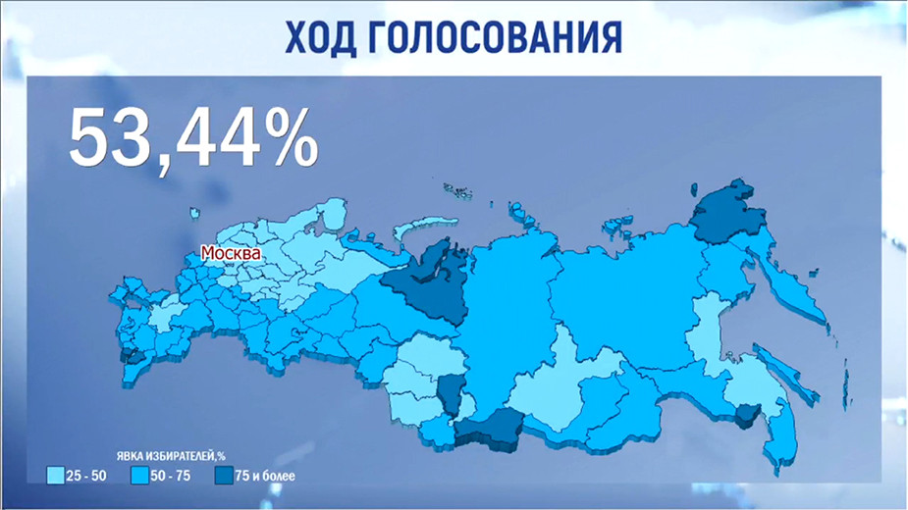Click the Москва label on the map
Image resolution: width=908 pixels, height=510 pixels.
click(x=231, y=253)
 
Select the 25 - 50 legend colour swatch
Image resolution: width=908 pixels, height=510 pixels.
click(x=56, y=476)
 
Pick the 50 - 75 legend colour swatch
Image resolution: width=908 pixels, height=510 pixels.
click(x=138, y=476)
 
